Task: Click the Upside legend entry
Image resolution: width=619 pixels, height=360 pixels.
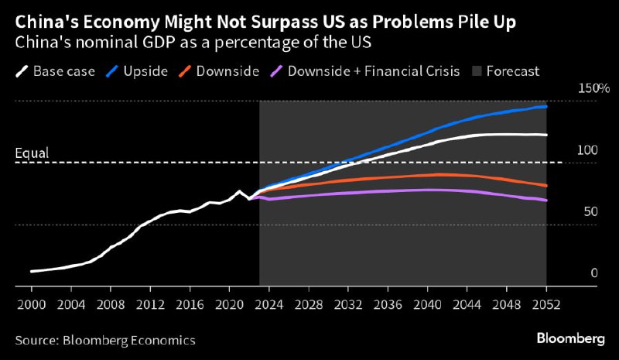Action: [x=139, y=71]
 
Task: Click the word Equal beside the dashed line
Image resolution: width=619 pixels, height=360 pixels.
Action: [x=32, y=153]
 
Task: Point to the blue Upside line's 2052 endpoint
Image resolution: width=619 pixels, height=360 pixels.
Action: [x=546, y=106]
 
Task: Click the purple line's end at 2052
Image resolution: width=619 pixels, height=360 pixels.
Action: [x=546, y=201]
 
